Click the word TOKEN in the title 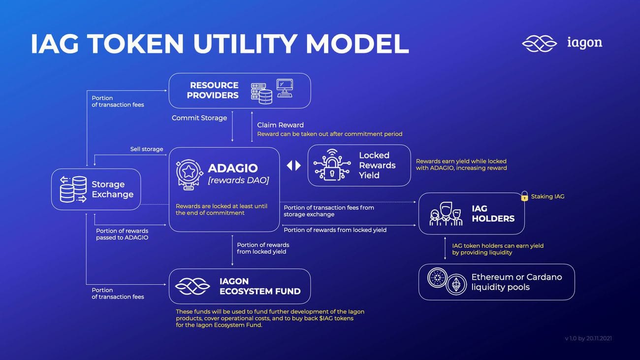pyautogui.click(x=136, y=44)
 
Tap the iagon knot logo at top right pyautogui.click(x=540, y=44)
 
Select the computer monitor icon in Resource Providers pyautogui.click(x=285, y=88)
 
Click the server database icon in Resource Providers pyautogui.click(x=261, y=94)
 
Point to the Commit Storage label pyautogui.click(x=199, y=118)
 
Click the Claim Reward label pyautogui.click(x=280, y=125)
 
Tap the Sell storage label pyautogui.click(x=147, y=149)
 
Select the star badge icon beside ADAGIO pyautogui.click(x=189, y=174)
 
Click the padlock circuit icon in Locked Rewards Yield pyautogui.click(x=332, y=165)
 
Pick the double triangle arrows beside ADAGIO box pyautogui.click(x=294, y=165)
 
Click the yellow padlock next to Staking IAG pyautogui.click(x=524, y=196)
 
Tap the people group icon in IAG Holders pyautogui.click(x=446, y=214)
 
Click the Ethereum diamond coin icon pyautogui.click(x=456, y=284)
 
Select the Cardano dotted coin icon pyautogui.click(x=437, y=277)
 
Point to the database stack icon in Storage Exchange pyautogui.click(x=73, y=189)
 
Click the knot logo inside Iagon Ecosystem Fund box pyautogui.click(x=192, y=286)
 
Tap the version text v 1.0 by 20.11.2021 pyautogui.click(x=588, y=338)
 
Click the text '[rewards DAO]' pyautogui.click(x=238, y=180)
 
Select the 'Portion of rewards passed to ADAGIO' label pyautogui.click(x=122, y=234)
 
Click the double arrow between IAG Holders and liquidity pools pyautogui.click(x=445, y=248)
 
